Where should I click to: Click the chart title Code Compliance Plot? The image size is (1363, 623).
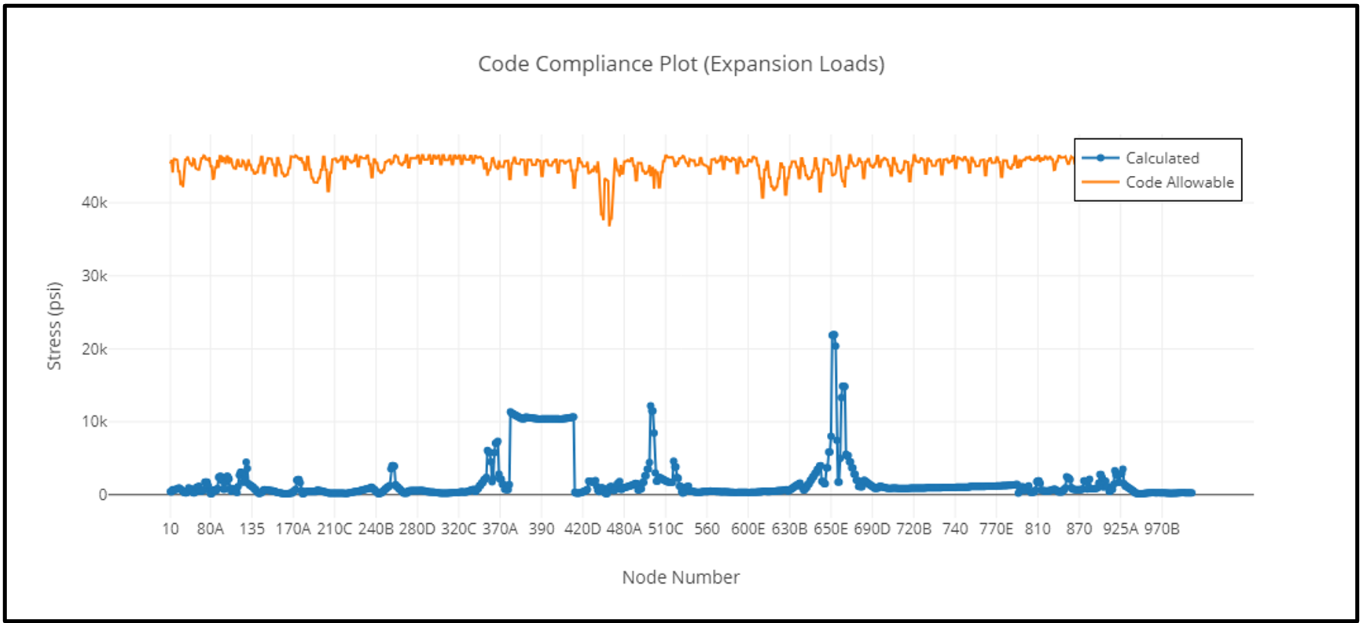(681, 64)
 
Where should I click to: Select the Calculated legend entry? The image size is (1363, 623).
(1162, 158)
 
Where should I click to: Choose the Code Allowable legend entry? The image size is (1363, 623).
(1179, 182)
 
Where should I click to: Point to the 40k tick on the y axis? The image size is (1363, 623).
(94, 203)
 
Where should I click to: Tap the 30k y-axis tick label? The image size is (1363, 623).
(94, 276)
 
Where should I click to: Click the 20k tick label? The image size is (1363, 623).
(94, 349)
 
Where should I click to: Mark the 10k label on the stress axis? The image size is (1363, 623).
(94, 422)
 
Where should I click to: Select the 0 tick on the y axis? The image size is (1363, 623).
(102, 495)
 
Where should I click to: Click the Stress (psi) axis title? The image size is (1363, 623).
(54, 325)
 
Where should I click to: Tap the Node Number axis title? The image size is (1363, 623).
(681, 577)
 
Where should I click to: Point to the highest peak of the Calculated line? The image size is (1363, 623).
(833, 335)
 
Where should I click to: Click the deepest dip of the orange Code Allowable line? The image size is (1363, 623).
(609, 225)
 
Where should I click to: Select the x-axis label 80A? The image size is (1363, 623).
(211, 530)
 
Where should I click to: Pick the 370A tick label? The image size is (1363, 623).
(500, 530)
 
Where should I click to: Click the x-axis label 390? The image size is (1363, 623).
(542, 530)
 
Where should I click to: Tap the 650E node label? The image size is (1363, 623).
(831, 530)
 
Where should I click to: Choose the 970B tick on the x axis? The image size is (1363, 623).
(1162, 530)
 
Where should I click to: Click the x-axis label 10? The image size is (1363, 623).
(171, 530)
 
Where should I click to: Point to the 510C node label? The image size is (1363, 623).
(666, 530)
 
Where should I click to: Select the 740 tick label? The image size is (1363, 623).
(955, 530)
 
